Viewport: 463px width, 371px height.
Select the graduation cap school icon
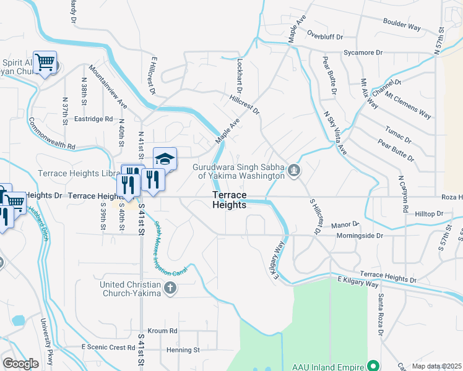pyautogui.click(x=165, y=159)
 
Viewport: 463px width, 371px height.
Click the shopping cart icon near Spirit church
pyautogui.click(x=45, y=62)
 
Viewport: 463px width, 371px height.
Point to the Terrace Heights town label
pyautogui.click(x=229, y=200)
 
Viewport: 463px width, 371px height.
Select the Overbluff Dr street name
pyautogui.click(x=324, y=36)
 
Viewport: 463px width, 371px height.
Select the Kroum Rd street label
pyautogui.click(x=162, y=331)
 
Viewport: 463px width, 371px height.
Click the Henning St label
pyautogui.click(x=183, y=349)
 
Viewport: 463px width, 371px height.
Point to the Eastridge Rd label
pyautogui.click(x=93, y=119)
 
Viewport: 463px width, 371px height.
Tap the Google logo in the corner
pyautogui.click(x=20, y=363)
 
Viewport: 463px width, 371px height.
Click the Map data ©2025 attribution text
pyautogui.click(x=436, y=366)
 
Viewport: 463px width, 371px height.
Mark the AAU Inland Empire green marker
pyautogui.click(x=373, y=365)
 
